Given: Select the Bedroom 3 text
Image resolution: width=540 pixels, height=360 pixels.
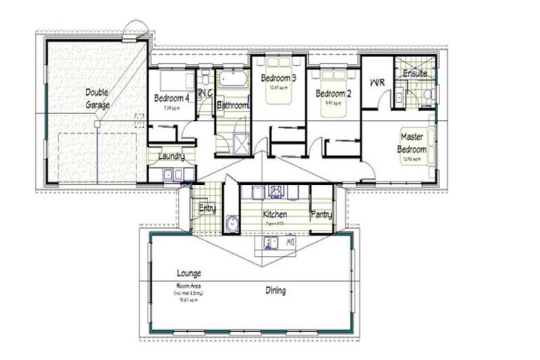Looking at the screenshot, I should [x=278, y=78].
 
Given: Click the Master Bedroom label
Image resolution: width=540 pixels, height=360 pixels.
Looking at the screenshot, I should [x=412, y=143].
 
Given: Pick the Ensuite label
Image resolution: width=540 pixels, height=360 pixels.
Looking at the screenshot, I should [x=415, y=73].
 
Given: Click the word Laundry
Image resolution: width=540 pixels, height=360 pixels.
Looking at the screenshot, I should [x=172, y=156].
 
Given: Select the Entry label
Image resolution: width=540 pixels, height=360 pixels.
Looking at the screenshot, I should [x=207, y=208].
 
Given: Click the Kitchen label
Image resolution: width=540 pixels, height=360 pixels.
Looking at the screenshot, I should [x=275, y=213].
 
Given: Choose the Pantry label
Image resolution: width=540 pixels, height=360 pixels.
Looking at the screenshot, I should [x=321, y=214].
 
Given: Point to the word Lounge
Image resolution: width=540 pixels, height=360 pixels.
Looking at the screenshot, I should [x=190, y=273].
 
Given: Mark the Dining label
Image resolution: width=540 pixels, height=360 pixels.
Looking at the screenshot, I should [x=275, y=290].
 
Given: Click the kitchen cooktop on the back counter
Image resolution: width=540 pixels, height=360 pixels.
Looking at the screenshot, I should [x=276, y=192].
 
